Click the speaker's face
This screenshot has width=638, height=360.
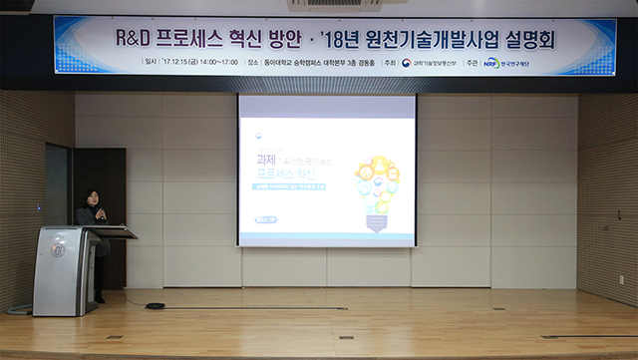pyautogui.click(x=93, y=198)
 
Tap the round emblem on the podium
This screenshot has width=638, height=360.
pyautogui.click(x=57, y=249)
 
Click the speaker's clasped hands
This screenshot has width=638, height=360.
pyautogui.click(x=100, y=214)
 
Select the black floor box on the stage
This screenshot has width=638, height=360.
pyautogui.click(x=155, y=305)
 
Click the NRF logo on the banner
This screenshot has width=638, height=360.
pyautogui.click(x=490, y=63)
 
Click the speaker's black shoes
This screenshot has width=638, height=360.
pyautogui.click(x=99, y=298)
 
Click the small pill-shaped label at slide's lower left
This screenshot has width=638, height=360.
pyautogui.click(x=266, y=220)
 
